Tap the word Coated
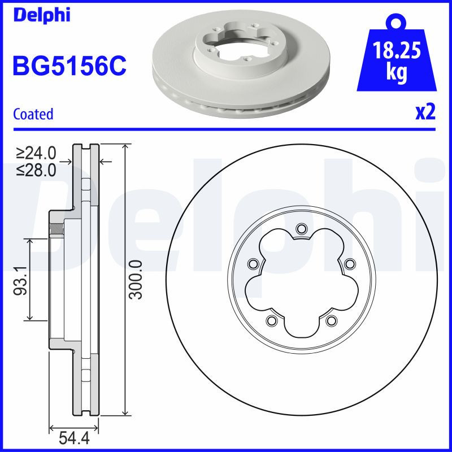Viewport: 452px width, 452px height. (33, 114)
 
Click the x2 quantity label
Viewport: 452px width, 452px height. (425, 113)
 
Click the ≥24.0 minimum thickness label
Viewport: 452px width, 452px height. (37, 153)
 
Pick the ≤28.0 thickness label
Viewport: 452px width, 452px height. (37, 169)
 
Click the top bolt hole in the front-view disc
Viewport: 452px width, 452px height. (301, 228)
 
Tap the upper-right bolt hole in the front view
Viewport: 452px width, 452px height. (349, 263)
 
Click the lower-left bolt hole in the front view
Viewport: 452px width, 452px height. (271, 321)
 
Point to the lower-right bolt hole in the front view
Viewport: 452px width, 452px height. (331, 321)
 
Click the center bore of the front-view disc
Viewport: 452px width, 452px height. (301, 285)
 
